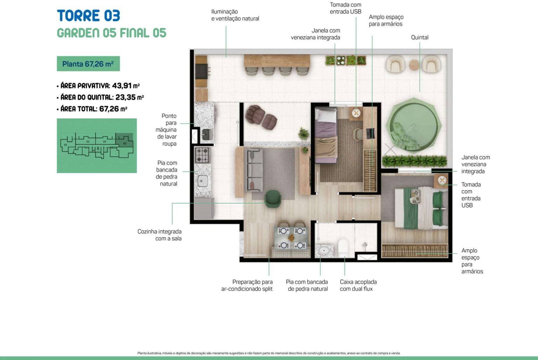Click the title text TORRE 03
tap(88, 16)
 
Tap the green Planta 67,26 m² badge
tap(88, 64)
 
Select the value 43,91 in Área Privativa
tap(122, 86)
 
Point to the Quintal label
tap(420, 38)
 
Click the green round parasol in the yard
tap(414, 125)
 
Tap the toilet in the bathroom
tap(343, 247)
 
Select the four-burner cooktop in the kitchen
tap(202, 155)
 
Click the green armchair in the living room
tap(273, 198)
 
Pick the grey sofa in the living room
tap(253, 170)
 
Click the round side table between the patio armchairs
tap(414, 65)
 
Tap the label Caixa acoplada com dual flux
tap(358, 285)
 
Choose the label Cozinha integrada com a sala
tap(159, 235)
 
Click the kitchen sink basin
tap(203, 181)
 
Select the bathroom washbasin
tap(324, 251)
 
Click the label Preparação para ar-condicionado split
tap(247, 285)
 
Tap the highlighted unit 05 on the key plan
tap(124, 140)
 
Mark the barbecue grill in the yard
tap(202, 72)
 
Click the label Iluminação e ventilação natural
tap(235, 15)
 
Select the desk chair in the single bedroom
tap(359, 134)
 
